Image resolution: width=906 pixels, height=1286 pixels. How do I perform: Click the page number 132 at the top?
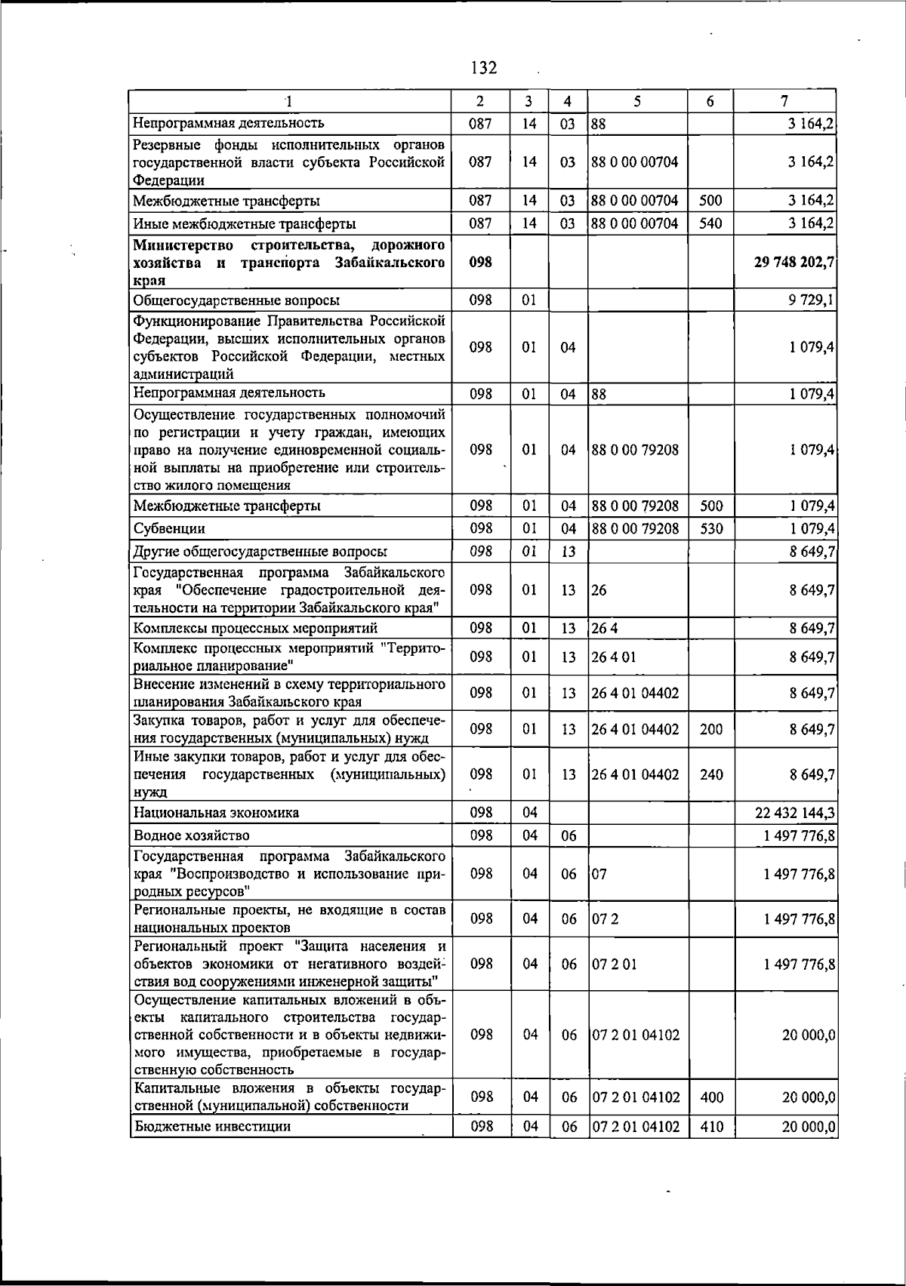pyautogui.click(x=484, y=68)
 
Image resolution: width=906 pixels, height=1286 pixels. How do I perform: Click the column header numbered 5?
pyautogui.click(x=637, y=101)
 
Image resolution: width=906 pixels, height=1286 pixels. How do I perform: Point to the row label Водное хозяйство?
pyautogui.click(x=191, y=835)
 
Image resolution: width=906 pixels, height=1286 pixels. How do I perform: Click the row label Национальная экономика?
pyautogui.click(x=216, y=812)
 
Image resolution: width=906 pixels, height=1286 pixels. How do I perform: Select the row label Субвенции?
pyautogui.click(x=169, y=528)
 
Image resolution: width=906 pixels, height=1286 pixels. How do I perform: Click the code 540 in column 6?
pyautogui.click(x=711, y=223)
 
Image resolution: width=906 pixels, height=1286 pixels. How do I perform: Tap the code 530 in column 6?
pyautogui.click(x=711, y=528)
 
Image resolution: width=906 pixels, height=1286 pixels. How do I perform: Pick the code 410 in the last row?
pyautogui.click(x=711, y=1127)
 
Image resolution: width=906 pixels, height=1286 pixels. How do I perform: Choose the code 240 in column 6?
pyautogui.click(x=711, y=774)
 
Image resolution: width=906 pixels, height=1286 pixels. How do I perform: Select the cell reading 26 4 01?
pyautogui.click(x=614, y=657)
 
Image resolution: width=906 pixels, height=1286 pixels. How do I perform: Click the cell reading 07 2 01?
pyautogui.click(x=614, y=964)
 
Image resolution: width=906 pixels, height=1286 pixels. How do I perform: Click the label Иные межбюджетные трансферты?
pyautogui.click(x=245, y=223)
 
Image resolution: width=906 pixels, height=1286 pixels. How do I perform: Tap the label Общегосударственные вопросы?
pyautogui.click(x=236, y=300)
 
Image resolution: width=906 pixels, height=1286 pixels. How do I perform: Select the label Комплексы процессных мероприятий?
pyautogui.click(x=255, y=628)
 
